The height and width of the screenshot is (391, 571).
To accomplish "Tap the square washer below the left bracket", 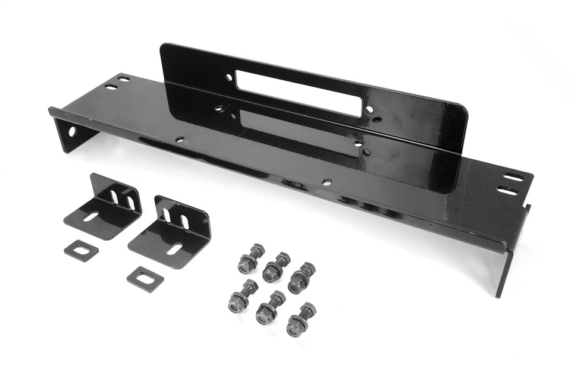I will click(81, 250).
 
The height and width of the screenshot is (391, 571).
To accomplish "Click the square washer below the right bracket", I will click(145, 278).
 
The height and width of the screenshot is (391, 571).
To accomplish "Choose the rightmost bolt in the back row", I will click(301, 277).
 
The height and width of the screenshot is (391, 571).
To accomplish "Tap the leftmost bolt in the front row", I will click(241, 297).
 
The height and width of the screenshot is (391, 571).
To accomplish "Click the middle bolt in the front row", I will click(269, 308).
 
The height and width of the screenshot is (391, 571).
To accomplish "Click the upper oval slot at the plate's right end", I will click(513, 177).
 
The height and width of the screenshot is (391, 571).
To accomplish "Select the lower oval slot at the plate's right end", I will click(507, 191).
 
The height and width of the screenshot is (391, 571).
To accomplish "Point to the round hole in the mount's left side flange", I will click(72, 131).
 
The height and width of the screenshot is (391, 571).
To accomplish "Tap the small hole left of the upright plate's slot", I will click(228, 77).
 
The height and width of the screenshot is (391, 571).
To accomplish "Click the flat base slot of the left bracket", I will click(91, 217).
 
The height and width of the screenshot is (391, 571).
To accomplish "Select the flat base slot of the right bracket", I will click(174, 248).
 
